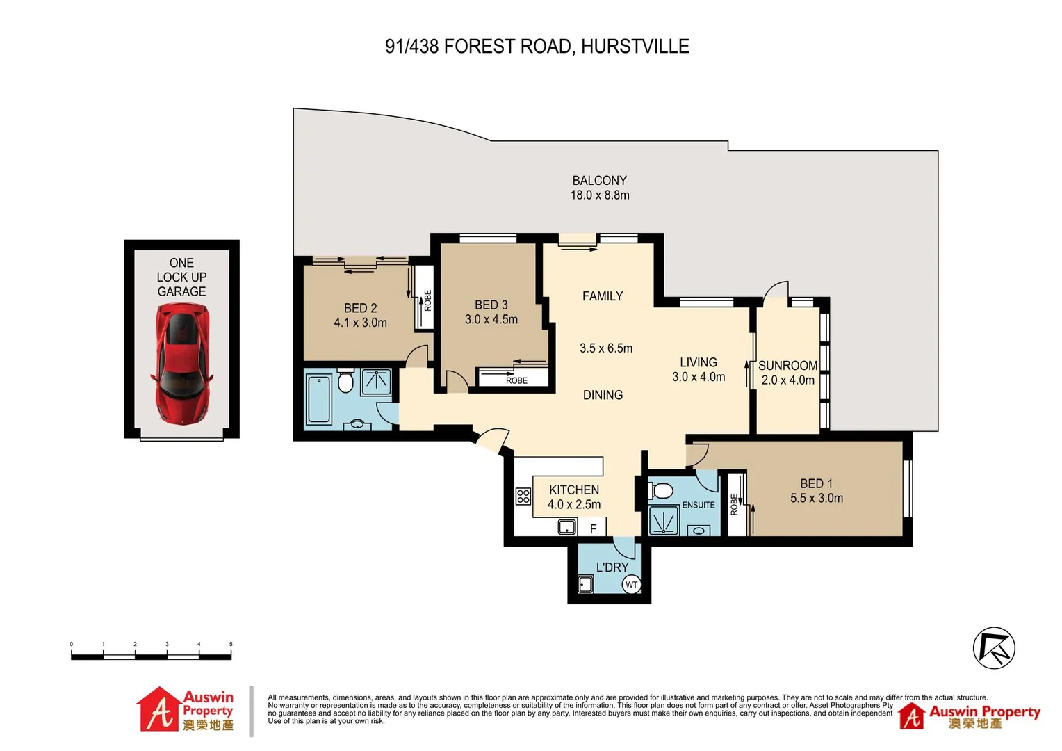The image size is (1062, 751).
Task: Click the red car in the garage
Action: tap(181, 365)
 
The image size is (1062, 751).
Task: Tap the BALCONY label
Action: tap(599, 180)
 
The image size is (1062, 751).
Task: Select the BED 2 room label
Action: tap(360, 307)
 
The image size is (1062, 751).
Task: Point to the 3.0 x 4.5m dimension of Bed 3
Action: tap(491, 319)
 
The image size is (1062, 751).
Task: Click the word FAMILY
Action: tap(603, 296)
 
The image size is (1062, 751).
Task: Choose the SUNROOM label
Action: tap(787, 365)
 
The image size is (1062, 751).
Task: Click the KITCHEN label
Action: tap(573, 490)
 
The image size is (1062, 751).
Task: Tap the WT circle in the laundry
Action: tap(631, 585)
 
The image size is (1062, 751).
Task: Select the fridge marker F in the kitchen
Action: tap(593, 529)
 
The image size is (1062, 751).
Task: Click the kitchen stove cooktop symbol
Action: tap(523, 496)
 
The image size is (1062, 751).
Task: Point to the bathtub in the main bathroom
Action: tap(318, 398)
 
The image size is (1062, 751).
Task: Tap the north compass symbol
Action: tap(994, 648)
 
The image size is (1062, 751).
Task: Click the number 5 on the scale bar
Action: tap(231, 645)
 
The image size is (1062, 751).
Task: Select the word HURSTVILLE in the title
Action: tap(635, 47)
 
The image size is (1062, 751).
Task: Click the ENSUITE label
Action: tap(698, 505)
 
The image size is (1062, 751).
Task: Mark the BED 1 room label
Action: tap(816, 483)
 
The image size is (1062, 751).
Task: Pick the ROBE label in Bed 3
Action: tap(516, 380)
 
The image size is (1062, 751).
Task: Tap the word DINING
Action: tap(603, 395)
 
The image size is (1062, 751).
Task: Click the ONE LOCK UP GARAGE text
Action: tap(181, 277)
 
